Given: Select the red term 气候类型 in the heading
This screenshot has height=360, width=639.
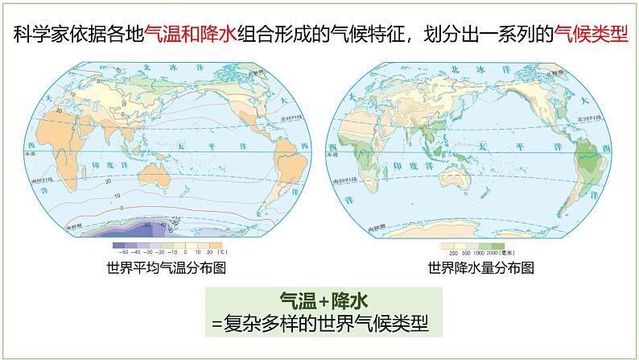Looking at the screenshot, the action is (x=590, y=35).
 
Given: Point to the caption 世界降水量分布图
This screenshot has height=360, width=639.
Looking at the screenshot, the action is (x=481, y=268).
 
